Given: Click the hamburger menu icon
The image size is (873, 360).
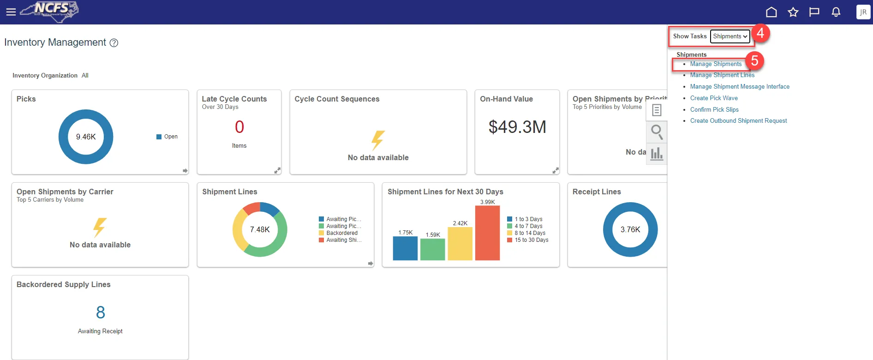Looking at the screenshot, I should [x=11, y=12].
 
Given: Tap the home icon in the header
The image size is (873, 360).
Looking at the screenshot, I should [x=771, y=12].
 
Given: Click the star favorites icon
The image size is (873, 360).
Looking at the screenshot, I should [x=793, y=12].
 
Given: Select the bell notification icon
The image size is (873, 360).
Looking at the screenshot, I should [x=836, y=12].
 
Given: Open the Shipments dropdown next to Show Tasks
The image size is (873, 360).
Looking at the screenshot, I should [x=729, y=36].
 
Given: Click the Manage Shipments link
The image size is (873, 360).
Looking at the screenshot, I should [x=716, y=64].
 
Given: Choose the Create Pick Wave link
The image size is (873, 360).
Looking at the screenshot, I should [x=714, y=98].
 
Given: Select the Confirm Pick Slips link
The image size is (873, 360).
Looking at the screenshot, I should [x=714, y=110].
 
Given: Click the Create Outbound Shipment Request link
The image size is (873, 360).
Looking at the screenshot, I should [x=738, y=121].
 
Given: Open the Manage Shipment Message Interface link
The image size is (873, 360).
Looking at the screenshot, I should [x=740, y=87].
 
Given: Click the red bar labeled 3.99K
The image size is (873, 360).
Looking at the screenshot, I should [x=487, y=233].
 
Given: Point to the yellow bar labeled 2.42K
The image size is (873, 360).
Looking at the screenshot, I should [x=460, y=244].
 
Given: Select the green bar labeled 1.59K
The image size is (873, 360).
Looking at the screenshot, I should [x=433, y=250].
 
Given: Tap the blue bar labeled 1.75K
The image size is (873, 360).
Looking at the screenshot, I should [x=405, y=248].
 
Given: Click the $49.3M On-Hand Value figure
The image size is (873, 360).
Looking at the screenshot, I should [x=517, y=127].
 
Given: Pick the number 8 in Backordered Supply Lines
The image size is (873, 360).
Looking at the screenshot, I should [x=101, y=313].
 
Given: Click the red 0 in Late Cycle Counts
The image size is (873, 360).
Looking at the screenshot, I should [x=239, y=127].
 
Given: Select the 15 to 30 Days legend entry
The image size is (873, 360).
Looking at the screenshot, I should [x=531, y=240].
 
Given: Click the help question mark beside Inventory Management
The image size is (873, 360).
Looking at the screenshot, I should [x=114, y=43].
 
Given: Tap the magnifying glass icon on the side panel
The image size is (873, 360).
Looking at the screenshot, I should [x=657, y=132].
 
